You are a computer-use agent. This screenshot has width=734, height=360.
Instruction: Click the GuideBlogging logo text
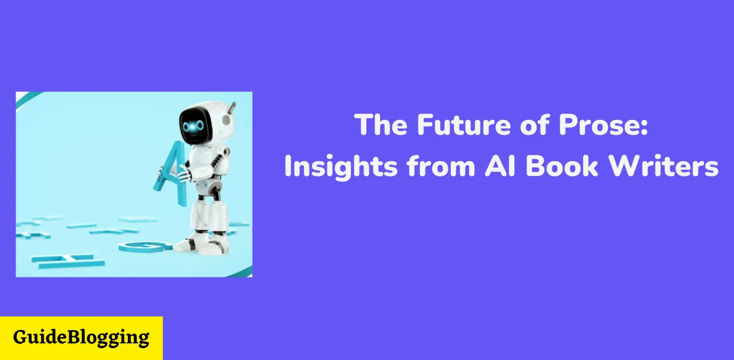81,337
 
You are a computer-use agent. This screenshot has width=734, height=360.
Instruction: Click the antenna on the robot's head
233,107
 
